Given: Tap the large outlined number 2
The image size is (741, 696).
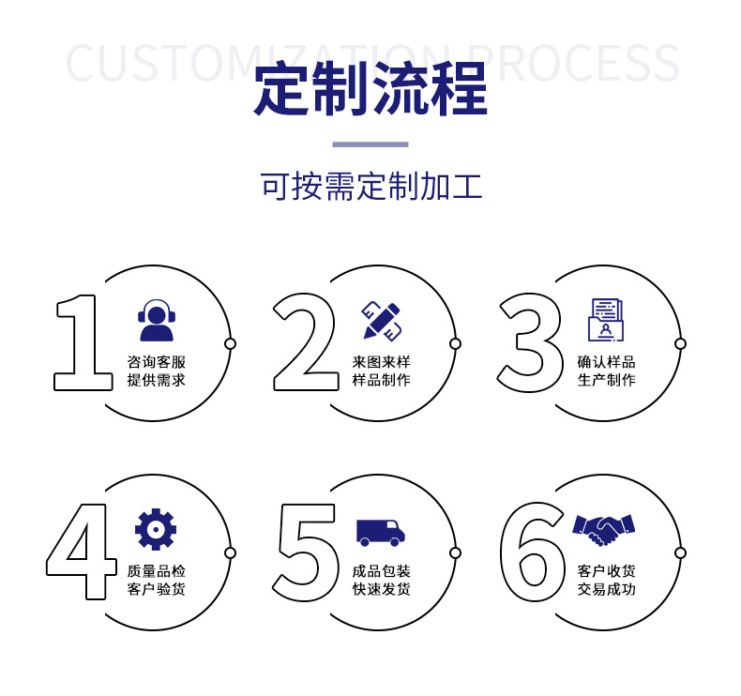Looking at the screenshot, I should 306,342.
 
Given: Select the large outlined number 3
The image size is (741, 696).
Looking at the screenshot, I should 531,342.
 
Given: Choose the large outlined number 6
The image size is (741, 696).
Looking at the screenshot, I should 533,553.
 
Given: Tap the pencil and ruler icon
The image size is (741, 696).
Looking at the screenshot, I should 382,320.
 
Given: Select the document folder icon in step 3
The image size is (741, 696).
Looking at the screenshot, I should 606,320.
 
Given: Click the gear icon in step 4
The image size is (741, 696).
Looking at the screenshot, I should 156,529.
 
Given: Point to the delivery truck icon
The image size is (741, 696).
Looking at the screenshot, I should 381,532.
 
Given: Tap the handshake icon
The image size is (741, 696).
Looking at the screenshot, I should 604,528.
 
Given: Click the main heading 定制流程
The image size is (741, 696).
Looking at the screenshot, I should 370,89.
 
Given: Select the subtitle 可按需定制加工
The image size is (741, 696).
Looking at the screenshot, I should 370,187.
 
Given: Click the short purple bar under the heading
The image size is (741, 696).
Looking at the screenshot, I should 370,144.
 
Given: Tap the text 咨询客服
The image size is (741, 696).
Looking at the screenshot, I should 157,362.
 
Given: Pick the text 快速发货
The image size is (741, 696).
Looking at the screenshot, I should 382,589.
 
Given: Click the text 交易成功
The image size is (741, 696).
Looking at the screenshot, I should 606,589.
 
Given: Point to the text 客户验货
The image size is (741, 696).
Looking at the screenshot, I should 157,589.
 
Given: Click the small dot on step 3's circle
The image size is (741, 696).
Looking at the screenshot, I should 680,343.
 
